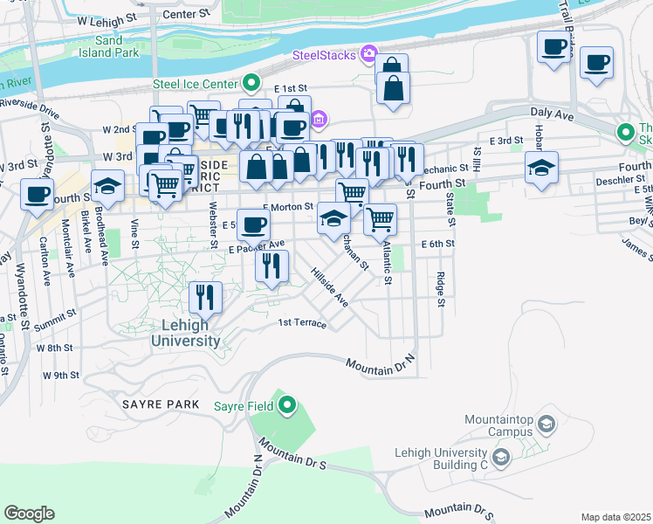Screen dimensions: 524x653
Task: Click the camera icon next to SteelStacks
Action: tap(369, 55)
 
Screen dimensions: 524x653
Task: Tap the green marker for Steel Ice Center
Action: tap(251, 84)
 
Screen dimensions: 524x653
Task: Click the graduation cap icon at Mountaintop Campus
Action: tap(546, 424)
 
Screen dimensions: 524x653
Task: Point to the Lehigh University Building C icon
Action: tap(501, 457)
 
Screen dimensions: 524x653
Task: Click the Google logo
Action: tap(29, 514)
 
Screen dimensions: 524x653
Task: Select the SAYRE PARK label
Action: tap(163, 405)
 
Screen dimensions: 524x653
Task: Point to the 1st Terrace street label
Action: tap(302, 324)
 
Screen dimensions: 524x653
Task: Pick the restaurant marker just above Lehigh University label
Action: tap(205, 298)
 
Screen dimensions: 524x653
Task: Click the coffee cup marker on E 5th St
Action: tap(253, 225)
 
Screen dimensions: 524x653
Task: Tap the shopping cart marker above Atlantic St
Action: tap(380, 219)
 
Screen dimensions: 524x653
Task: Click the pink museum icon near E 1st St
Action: tap(320, 119)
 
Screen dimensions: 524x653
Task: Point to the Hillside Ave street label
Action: tap(329, 287)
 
